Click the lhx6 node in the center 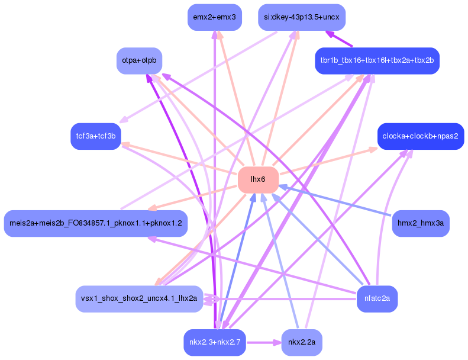pos(258,179)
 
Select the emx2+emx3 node pos(214,17)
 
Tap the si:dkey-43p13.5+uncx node pos(302,17)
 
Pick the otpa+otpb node pos(139,61)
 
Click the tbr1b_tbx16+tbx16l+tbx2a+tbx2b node pos(377,61)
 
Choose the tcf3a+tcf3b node pos(95,136)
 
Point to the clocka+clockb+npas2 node pos(421,136)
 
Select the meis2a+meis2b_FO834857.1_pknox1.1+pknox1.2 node pos(96,223)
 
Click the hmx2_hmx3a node pos(421,223)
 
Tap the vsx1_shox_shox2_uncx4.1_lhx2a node pos(139,298)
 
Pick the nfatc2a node pos(377,298)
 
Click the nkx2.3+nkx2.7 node pos(214,342)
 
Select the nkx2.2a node pos(302,342)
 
